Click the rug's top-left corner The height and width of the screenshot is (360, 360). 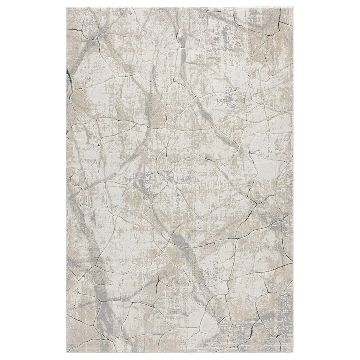tap(67, 7)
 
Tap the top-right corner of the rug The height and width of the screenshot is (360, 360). tap(293, 7)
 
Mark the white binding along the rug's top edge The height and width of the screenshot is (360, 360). tap(180, 7)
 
